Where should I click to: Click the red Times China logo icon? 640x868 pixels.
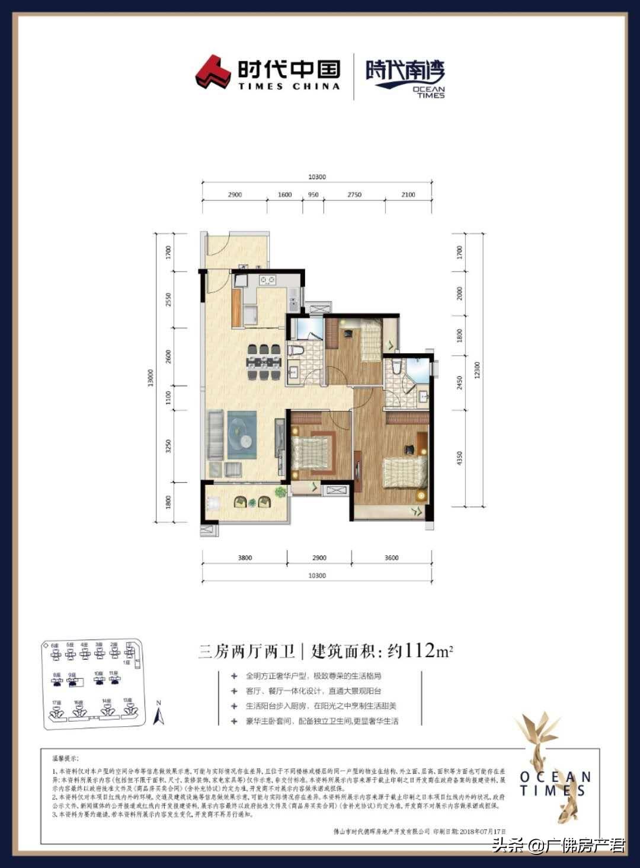[x=213, y=72]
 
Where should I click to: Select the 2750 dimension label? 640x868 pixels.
[x=354, y=194]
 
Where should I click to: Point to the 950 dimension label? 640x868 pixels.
[x=313, y=194]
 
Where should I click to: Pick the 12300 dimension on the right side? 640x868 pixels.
[x=478, y=371]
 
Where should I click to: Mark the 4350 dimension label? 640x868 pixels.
[x=460, y=458]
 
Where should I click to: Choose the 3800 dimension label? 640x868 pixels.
[x=245, y=558]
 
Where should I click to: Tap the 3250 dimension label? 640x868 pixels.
[x=168, y=445]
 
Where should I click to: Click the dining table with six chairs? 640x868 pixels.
[x=264, y=362]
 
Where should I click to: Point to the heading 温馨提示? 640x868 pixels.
[x=65, y=758]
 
